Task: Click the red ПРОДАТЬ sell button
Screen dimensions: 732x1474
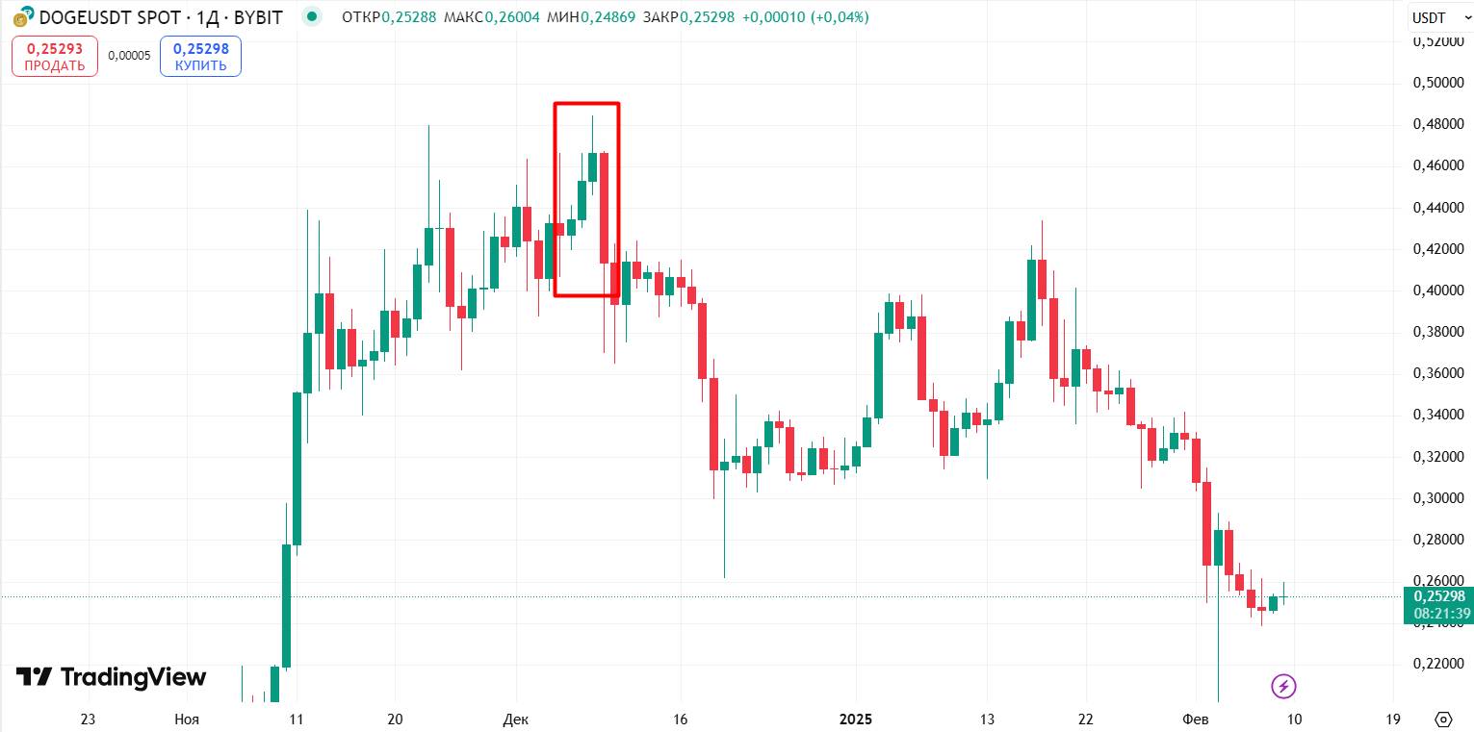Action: [55, 57]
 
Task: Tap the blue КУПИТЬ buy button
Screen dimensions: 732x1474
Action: [200, 57]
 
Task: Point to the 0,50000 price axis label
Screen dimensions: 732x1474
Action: [1438, 83]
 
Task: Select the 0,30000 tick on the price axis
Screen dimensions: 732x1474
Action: [1438, 498]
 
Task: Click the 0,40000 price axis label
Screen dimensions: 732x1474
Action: [1438, 290]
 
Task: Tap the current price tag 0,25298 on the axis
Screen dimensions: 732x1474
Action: [1439, 596]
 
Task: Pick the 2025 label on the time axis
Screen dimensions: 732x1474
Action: [855, 719]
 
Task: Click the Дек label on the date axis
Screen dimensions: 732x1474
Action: [516, 719]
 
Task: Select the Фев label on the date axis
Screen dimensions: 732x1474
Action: [1196, 719]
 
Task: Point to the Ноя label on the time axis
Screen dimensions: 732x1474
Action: [187, 719]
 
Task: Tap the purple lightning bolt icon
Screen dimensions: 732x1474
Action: [1283, 686]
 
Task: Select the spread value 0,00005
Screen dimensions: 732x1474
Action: [129, 56]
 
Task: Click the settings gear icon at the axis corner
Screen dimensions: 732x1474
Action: [1443, 719]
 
